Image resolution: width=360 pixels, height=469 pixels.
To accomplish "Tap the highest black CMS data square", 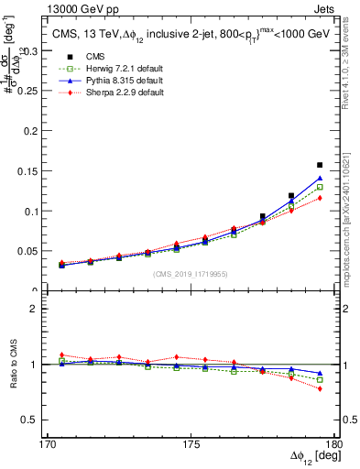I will coord(320,165).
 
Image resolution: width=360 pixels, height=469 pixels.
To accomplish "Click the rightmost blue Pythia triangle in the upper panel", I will coord(320,179).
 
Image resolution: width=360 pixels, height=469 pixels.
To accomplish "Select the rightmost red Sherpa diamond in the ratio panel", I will coord(320,388).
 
